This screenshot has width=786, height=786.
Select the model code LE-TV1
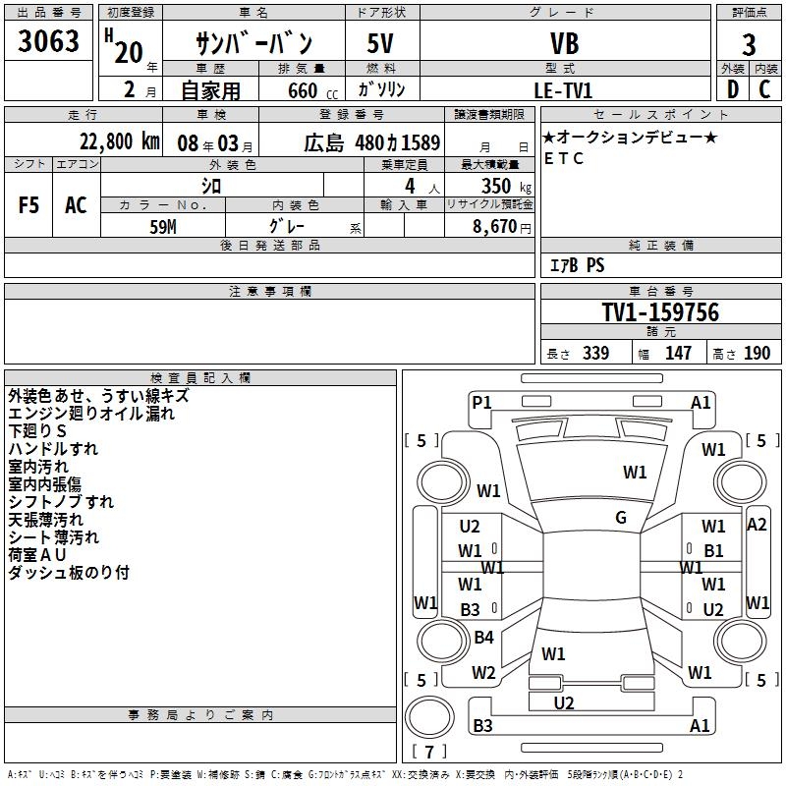tap(563, 89)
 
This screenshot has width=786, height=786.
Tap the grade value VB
tap(564, 43)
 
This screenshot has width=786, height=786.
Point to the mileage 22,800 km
tap(116, 140)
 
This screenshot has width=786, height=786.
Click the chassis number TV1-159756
tap(660, 312)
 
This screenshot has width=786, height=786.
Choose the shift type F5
tap(28, 204)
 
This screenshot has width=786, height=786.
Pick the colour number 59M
tap(163, 224)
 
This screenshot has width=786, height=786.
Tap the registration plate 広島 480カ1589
tap(371, 141)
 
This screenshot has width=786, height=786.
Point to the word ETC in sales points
tap(563, 158)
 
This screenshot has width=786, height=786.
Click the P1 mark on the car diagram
tap(481, 402)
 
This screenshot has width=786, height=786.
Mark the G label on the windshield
tap(621, 518)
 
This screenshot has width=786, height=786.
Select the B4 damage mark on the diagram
tap(483, 638)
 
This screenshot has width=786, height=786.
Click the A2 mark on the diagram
tap(757, 524)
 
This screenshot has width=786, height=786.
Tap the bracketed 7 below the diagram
tap(428, 753)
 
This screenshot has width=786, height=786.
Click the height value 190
tap(756, 353)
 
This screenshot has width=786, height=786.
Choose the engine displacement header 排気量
tap(302, 68)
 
